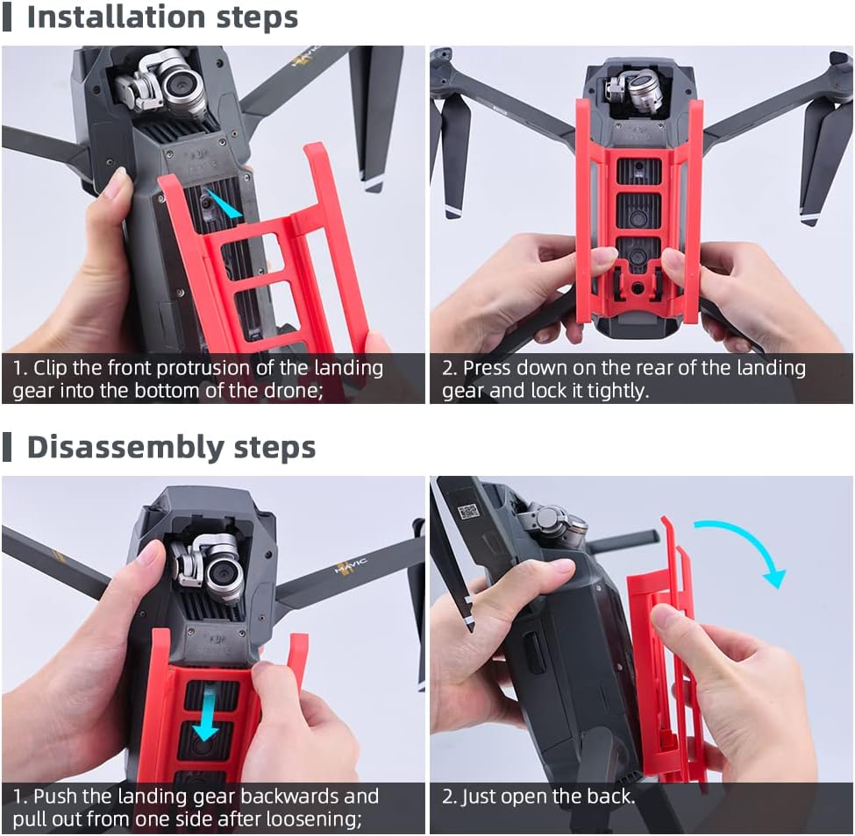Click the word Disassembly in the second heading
[125, 448]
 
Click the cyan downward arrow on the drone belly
[207, 714]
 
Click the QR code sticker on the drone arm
[468, 511]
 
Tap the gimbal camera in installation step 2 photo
[635, 90]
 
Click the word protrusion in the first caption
[204, 368]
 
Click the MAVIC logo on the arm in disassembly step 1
[351, 567]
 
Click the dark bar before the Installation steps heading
[6, 17]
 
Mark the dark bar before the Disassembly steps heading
[6, 447]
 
